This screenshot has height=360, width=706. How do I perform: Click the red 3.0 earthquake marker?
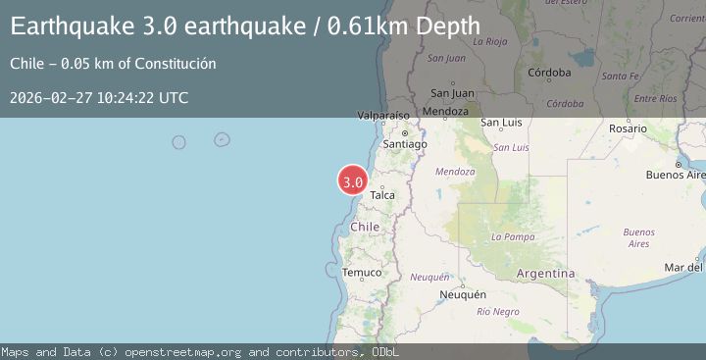click(352, 181)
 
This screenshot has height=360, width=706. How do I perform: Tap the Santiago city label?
click(405, 144)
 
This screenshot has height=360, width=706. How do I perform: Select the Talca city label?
click(382, 195)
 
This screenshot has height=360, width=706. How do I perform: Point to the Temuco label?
click(362, 272)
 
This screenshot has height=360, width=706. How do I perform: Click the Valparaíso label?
click(383, 116)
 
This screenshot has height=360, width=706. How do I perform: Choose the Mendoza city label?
click(446, 111)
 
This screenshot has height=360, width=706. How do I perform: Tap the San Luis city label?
click(501, 123)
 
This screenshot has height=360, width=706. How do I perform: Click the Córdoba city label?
click(549, 73)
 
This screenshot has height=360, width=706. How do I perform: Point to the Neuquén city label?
click(463, 294)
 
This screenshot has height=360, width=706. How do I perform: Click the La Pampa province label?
click(511, 236)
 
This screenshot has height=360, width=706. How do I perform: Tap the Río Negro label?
click(497, 311)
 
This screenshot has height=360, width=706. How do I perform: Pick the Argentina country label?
click(544, 272)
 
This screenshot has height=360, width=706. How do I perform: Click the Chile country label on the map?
click(365, 227)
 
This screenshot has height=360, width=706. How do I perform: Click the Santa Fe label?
click(621, 76)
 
